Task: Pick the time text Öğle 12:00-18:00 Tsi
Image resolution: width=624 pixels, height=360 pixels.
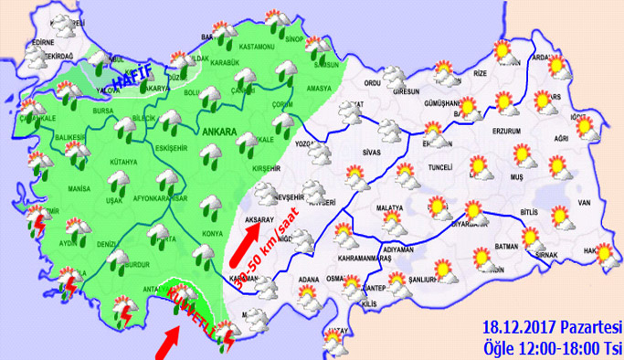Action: click(x=552, y=346)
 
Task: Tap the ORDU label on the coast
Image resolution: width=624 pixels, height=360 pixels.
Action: click(x=371, y=84)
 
